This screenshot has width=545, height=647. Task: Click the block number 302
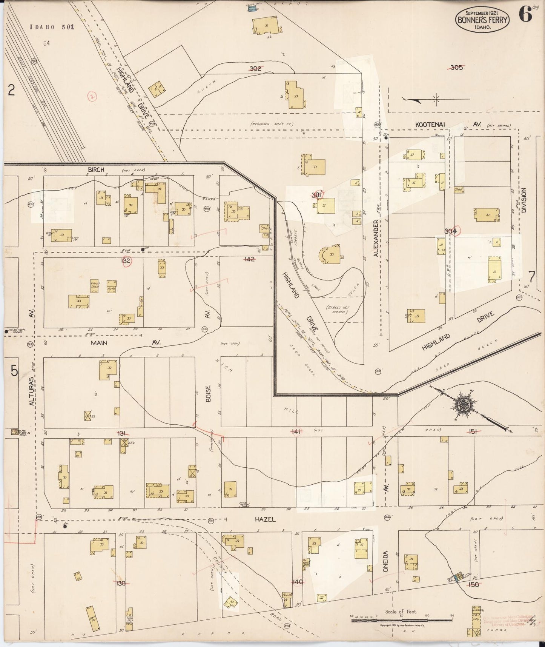coord(255,68)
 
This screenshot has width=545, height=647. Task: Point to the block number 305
coord(456,68)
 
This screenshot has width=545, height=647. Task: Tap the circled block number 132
coord(126,261)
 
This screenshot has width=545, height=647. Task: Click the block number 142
coord(249,259)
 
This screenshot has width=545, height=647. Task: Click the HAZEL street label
coord(265,520)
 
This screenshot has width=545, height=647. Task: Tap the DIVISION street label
coord(524,200)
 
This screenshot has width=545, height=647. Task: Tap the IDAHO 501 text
coord(52,27)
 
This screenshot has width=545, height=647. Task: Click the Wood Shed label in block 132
coord(94,285)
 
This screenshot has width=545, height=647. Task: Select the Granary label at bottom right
coord(478,610)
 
